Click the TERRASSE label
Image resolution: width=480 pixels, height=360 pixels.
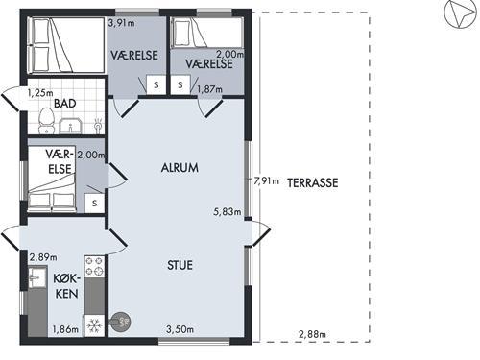313,182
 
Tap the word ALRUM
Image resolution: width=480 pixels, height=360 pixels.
180,168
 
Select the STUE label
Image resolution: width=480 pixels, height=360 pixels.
180,265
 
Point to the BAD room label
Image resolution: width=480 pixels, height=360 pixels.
65,104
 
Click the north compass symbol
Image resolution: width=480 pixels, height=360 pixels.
461,15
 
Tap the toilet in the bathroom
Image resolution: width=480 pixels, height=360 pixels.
46,121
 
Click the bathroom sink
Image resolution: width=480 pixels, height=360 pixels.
71,126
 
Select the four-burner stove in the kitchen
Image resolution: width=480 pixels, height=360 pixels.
95,266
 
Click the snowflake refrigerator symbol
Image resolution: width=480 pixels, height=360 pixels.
95,325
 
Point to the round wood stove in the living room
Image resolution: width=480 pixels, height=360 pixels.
120,322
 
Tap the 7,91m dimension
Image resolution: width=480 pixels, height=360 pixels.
266,181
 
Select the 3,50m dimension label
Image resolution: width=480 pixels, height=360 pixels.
180,329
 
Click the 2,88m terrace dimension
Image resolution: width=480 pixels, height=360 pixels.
312,334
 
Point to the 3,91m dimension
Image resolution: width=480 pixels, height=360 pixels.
121,23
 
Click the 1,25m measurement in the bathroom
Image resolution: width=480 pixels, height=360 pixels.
40,93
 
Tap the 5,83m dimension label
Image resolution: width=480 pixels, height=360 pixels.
228,211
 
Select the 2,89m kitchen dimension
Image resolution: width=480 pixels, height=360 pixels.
43,257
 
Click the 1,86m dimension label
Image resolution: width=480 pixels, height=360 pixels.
65,329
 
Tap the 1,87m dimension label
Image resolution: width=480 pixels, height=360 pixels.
209,89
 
